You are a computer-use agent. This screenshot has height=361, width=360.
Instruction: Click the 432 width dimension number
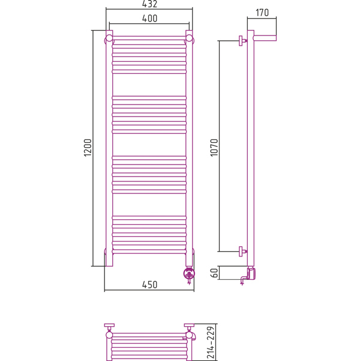149,4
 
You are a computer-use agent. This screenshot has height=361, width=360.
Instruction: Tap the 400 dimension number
149,19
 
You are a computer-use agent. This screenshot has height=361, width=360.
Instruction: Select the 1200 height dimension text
88,148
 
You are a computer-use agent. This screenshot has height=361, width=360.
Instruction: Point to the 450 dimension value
149,285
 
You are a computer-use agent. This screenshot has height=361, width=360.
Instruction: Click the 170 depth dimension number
262,13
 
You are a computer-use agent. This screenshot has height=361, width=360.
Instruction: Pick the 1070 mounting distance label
214,148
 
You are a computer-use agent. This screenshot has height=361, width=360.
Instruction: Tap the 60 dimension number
214,273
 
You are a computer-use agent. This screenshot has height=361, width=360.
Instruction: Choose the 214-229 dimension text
211,342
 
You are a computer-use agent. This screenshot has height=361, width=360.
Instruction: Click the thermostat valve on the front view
189,275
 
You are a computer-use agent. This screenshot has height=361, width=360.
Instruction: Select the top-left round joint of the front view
109,38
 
